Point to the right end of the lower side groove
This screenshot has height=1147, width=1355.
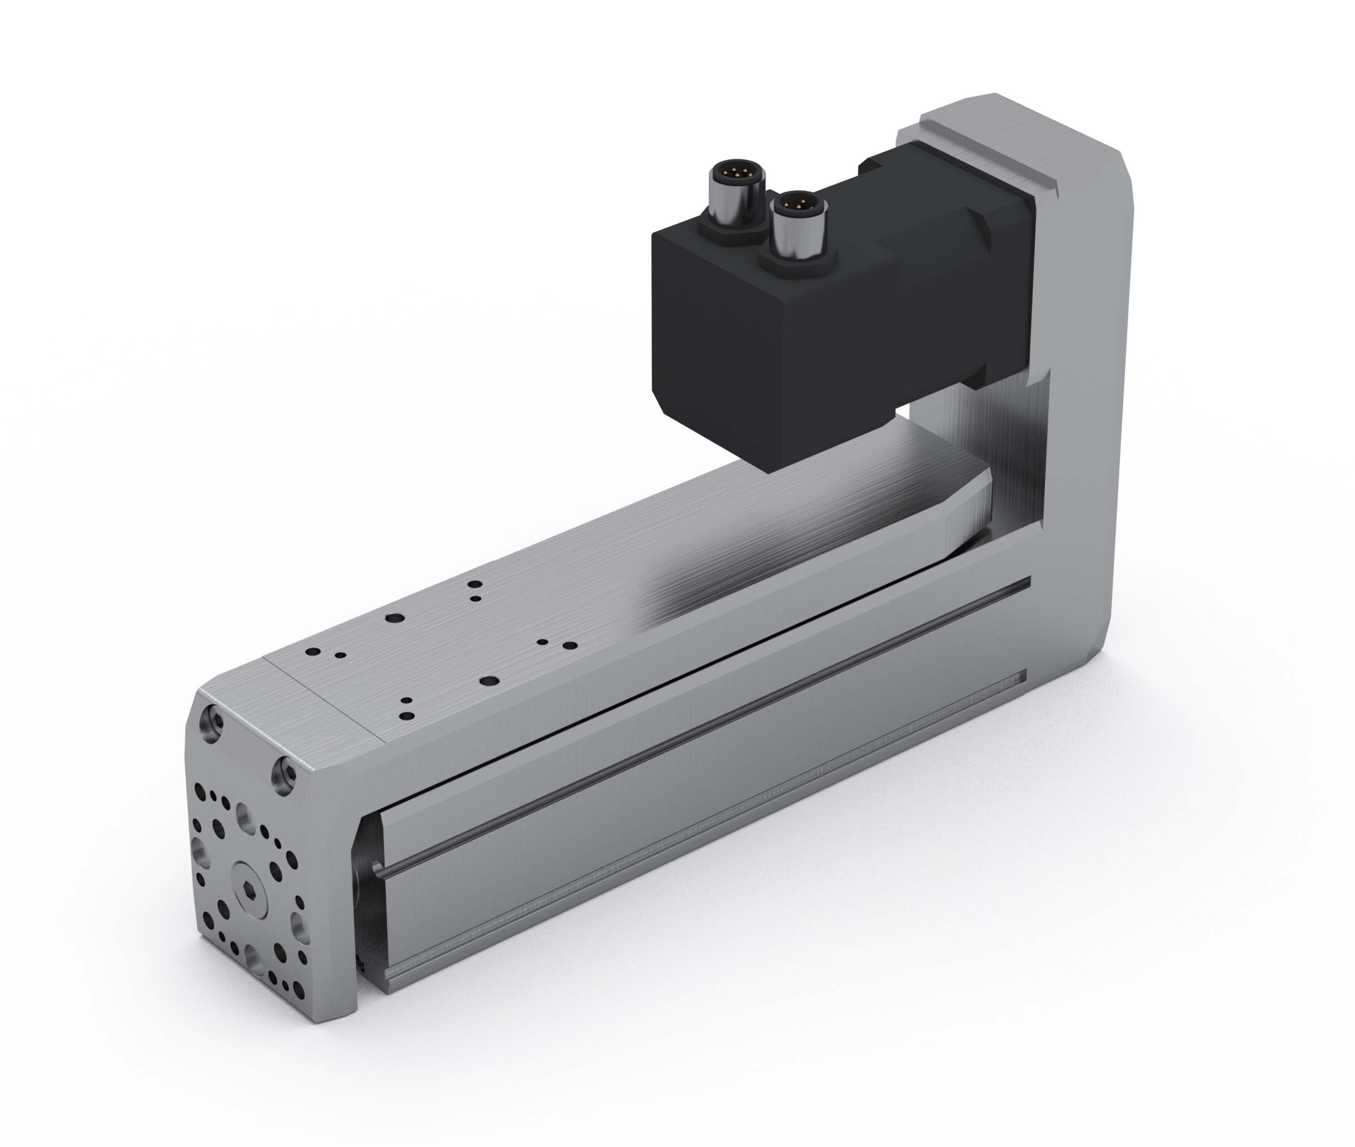[1024, 677]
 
